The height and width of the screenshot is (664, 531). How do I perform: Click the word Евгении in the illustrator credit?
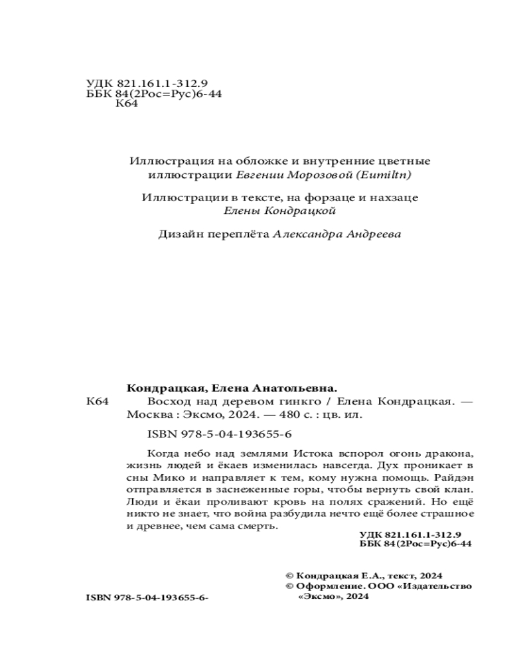258,175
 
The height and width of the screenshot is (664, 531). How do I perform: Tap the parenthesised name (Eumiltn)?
387,175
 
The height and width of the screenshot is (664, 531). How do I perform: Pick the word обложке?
244,161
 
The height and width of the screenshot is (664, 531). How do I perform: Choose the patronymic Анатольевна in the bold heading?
295,389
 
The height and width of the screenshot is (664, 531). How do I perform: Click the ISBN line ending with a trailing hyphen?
147,598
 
